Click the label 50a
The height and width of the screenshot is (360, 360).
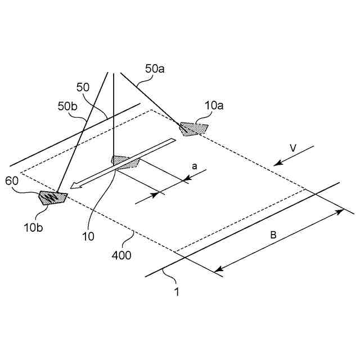tap(155, 69)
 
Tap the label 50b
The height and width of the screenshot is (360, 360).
tap(67, 105)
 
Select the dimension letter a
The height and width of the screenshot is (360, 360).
tap(195, 166)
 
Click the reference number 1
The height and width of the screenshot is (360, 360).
tap(177, 292)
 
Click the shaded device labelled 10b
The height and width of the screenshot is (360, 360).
tap(52, 197)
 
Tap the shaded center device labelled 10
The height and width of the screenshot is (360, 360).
tap(125, 162)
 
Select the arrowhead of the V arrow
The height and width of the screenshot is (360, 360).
tap(276, 165)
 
